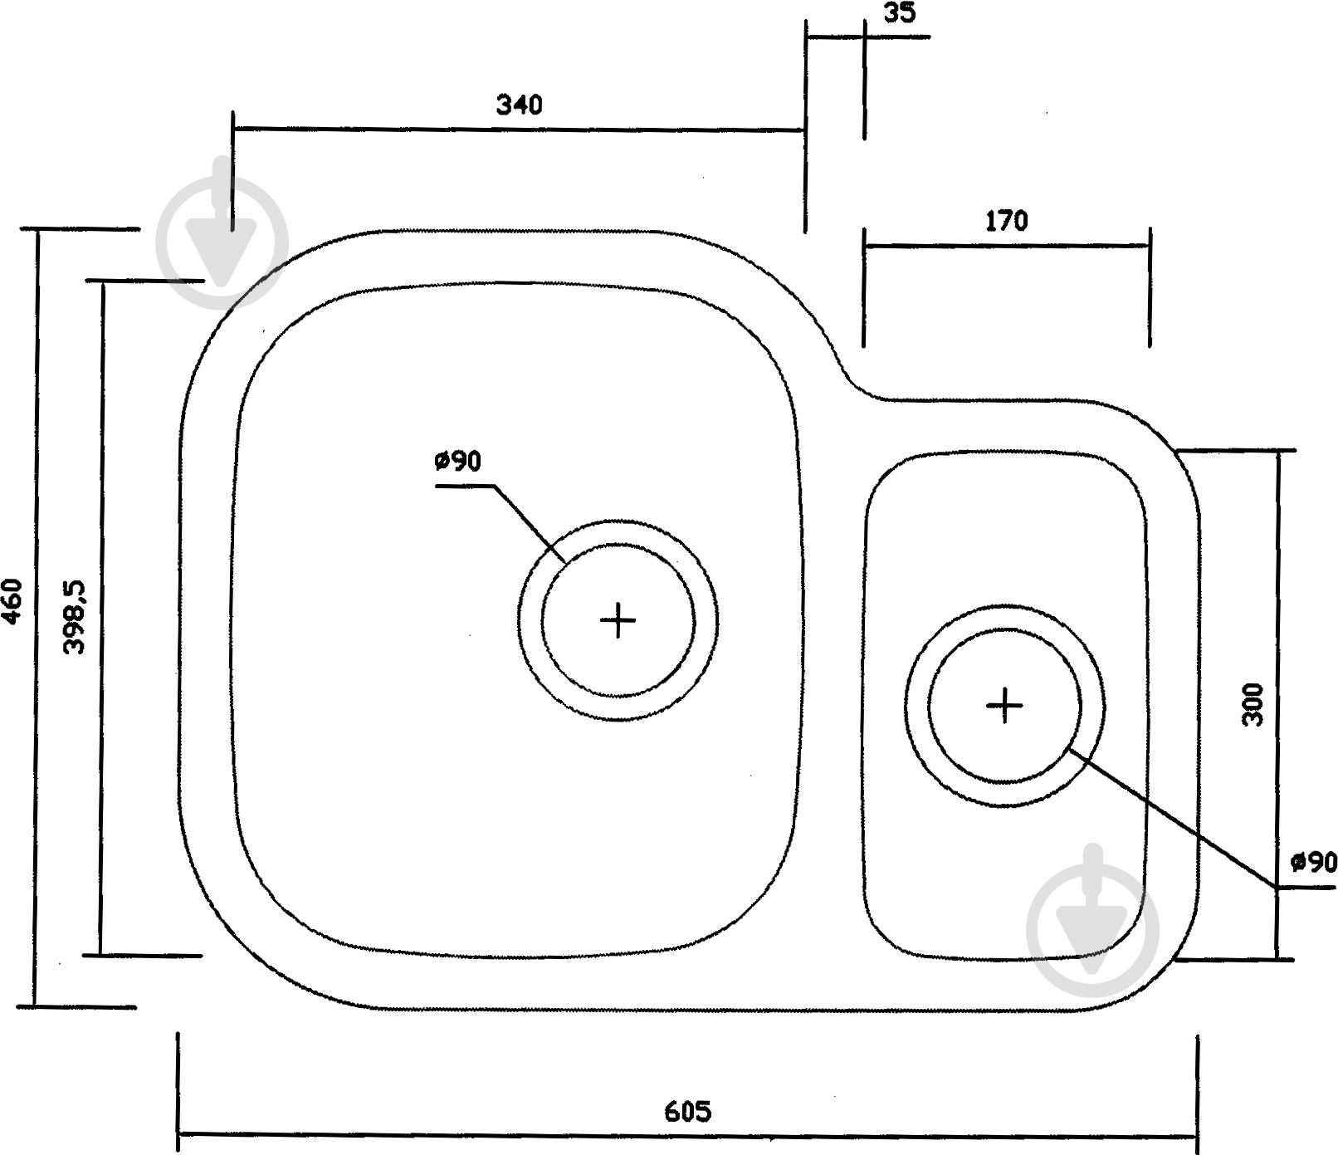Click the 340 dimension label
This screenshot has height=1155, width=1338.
click(x=519, y=105)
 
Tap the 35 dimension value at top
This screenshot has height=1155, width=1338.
click(x=900, y=13)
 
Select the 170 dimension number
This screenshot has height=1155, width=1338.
click(x=1006, y=222)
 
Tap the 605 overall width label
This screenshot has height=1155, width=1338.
click(x=688, y=1110)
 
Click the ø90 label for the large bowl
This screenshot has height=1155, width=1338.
click(x=457, y=462)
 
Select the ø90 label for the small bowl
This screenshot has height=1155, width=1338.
click(x=1314, y=863)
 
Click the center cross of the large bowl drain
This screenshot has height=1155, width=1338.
click(x=618, y=619)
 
